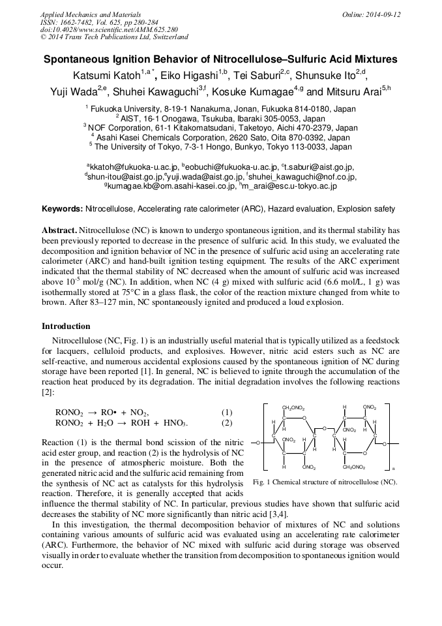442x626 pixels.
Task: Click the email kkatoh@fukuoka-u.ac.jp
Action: (x=134, y=167)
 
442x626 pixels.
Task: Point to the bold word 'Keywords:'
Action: (x=62, y=209)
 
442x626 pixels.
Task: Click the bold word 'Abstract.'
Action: (x=59, y=230)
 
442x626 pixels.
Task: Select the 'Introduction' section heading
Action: (x=66, y=326)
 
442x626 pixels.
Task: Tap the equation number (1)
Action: (x=226, y=412)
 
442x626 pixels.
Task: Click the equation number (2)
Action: (x=226, y=422)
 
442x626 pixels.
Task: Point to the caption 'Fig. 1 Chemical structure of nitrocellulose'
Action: (x=324, y=482)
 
